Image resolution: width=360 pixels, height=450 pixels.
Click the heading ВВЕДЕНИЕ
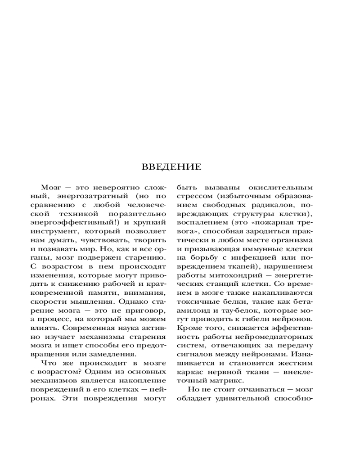point(172,167)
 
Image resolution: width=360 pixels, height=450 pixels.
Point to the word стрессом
point(191,196)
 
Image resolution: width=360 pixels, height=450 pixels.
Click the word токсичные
point(193,300)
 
